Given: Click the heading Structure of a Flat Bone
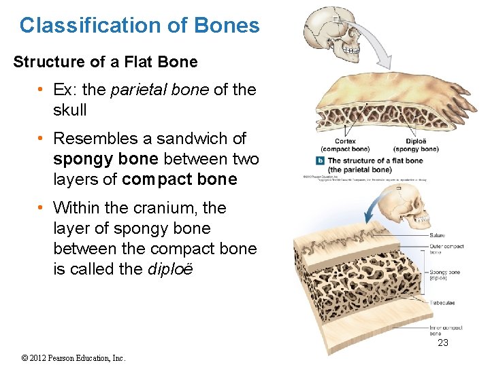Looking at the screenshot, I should (x=105, y=62).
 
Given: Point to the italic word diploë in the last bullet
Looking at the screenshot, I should (x=170, y=269).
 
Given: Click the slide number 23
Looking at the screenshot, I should (x=443, y=343).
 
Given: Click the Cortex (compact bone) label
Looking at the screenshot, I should (x=345, y=145).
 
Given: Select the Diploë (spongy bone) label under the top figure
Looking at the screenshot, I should (x=416, y=145).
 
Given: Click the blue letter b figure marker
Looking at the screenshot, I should (x=321, y=161).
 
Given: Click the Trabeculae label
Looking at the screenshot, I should (x=442, y=302).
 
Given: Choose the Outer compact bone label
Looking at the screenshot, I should (x=446, y=248).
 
